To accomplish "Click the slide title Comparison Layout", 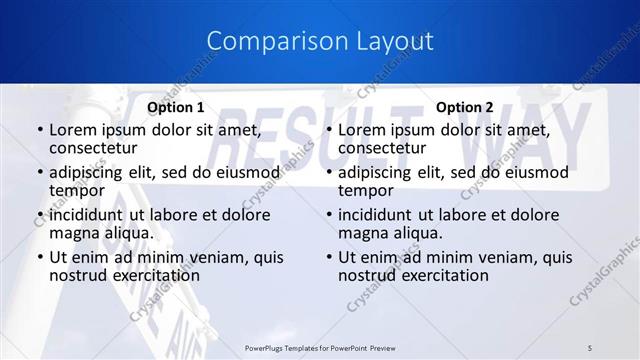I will coord(320,41).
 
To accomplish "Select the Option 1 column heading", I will coord(176,107).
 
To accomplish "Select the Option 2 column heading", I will coord(465,107).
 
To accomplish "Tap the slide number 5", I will coord(590,347).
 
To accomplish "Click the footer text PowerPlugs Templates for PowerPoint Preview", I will coord(320,347).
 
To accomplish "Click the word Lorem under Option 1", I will coord(72,130).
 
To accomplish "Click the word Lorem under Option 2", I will coord(361,130).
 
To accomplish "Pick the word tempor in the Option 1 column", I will coord(77,191).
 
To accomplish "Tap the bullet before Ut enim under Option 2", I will coord(329,257).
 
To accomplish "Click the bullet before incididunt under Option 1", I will coord(40,215).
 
